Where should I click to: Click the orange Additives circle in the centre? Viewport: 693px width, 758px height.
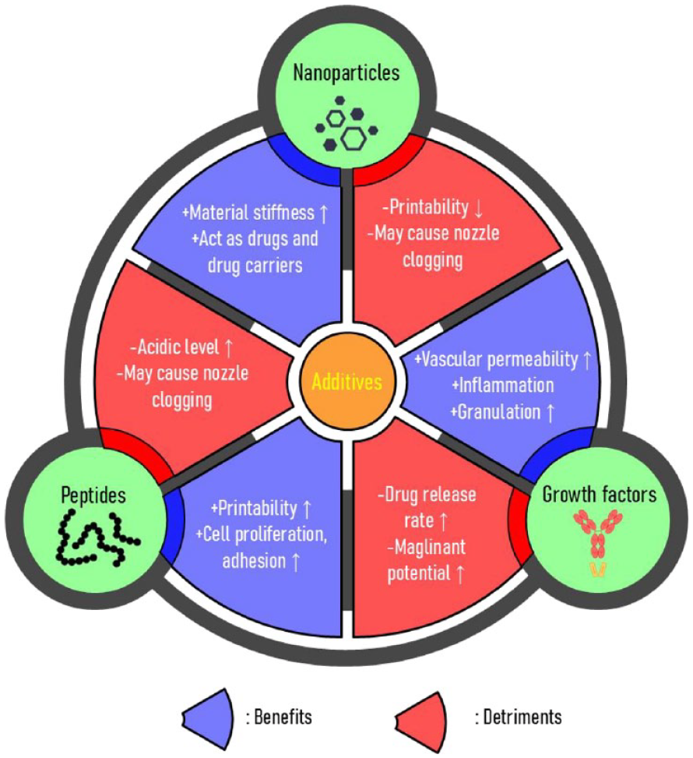pyautogui.click(x=346, y=383)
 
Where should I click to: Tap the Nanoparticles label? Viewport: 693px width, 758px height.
pyautogui.click(x=346, y=73)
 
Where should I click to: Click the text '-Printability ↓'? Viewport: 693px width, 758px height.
pyautogui.click(x=423, y=209)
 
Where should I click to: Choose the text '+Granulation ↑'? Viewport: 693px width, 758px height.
pyautogui.click(x=502, y=411)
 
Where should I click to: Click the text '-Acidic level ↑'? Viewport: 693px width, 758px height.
pyautogui.click(x=181, y=347)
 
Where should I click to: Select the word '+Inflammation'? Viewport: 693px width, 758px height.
pyautogui.click(x=502, y=386)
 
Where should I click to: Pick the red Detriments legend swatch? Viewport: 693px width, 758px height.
pyautogui.click(x=421, y=713)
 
